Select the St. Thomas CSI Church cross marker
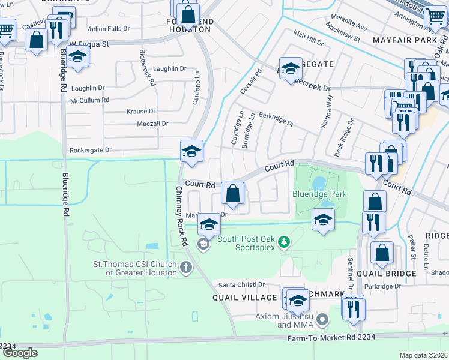pyautogui.click(x=186, y=267)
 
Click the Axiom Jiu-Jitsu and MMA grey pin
pyautogui.click(x=323, y=319)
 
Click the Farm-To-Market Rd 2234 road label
pyautogui.click(x=331, y=338)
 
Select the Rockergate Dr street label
pyautogui.click(x=91, y=150)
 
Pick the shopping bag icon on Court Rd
pyautogui.click(x=232, y=194)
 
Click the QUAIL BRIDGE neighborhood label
pyautogui.click(x=394, y=274)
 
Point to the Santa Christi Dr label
pyautogui.click(x=241, y=284)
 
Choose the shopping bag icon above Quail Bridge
pyautogui.click(x=382, y=253)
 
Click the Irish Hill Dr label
pyautogui.click(x=307, y=38)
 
